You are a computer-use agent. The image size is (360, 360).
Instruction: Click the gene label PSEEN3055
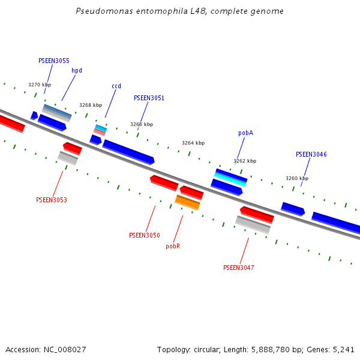[x=53, y=61]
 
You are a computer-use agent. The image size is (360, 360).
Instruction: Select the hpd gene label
[x=77, y=70]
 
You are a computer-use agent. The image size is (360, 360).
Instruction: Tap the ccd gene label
[x=116, y=86]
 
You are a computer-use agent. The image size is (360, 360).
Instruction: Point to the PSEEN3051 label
[x=149, y=98]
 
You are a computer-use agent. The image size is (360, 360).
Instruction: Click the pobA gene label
[x=245, y=133]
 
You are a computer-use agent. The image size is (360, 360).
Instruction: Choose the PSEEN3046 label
[x=311, y=154]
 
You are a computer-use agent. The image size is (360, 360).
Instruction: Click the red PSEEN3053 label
[x=51, y=200]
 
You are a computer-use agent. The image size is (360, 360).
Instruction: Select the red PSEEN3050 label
[x=144, y=235]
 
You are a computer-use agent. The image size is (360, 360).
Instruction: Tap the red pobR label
[x=173, y=246]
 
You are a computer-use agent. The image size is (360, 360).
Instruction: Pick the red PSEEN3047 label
[x=238, y=268]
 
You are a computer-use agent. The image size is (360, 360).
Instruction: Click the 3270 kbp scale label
[x=40, y=85]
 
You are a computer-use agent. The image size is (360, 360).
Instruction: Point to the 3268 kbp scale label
[x=91, y=105]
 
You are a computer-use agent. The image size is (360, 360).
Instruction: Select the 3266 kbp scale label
[x=142, y=124]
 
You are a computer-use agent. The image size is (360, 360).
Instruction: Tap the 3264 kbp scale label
[x=193, y=143]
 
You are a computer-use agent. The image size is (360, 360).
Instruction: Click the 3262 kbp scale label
[x=245, y=161]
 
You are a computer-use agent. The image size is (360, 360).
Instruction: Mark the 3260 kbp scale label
[x=296, y=178]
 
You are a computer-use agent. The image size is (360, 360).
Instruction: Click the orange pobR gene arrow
[x=187, y=202]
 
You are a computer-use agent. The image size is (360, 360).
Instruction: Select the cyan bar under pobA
[x=231, y=179]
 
